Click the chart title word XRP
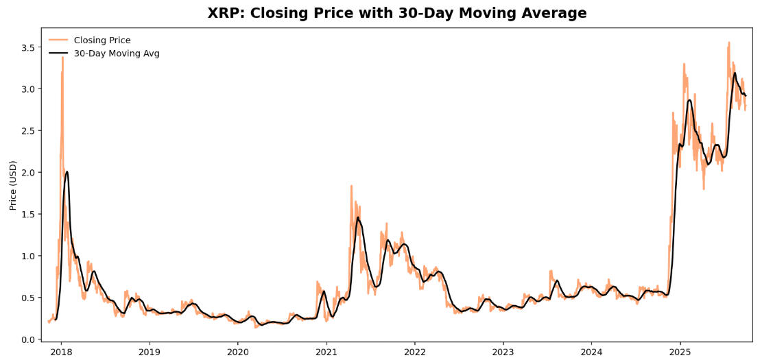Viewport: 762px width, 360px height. (225, 13)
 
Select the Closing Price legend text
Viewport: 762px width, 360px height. (102, 40)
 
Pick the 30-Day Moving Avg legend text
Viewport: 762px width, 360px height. (117, 53)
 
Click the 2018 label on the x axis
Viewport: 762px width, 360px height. (61, 351)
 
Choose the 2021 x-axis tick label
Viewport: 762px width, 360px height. (326, 351)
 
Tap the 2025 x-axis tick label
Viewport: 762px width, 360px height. (680, 351)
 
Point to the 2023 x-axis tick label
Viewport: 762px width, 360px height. (503, 351)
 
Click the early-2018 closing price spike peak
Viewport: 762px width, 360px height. (62, 57)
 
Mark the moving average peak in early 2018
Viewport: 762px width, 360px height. (67, 171)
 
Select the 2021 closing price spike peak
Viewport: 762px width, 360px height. (351, 186)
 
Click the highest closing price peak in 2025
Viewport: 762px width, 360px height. (728, 43)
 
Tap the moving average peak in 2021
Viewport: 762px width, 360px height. (358, 217)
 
